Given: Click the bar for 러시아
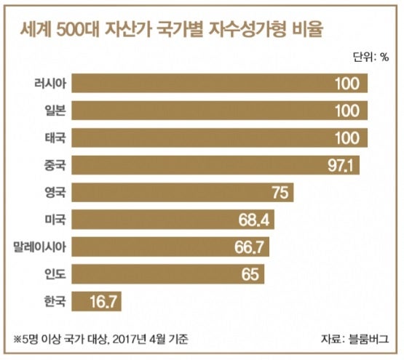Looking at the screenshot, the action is [220, 83].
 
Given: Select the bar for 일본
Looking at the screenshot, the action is [220, 111].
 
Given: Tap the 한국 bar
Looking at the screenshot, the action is [96, 301].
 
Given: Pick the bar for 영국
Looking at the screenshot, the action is [183, 192].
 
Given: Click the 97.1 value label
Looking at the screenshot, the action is [341, 165].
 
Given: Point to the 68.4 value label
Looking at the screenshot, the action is [254, 220].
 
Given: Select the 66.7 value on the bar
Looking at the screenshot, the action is [249, 247].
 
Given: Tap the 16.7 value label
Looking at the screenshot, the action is [103, 301].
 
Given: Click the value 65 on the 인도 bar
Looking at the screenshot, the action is [250, 274].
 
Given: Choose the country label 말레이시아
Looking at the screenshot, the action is [40, 247].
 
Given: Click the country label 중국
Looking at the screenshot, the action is [55, 165].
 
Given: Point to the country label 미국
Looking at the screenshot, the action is [55, 220].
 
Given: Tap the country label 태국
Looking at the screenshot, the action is [55, 137].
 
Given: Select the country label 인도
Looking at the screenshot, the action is [55, 273].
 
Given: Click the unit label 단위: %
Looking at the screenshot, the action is [371, 57].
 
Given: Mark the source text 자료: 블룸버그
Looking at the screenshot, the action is [355, 339].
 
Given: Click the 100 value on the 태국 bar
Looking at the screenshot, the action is [347, 137].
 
